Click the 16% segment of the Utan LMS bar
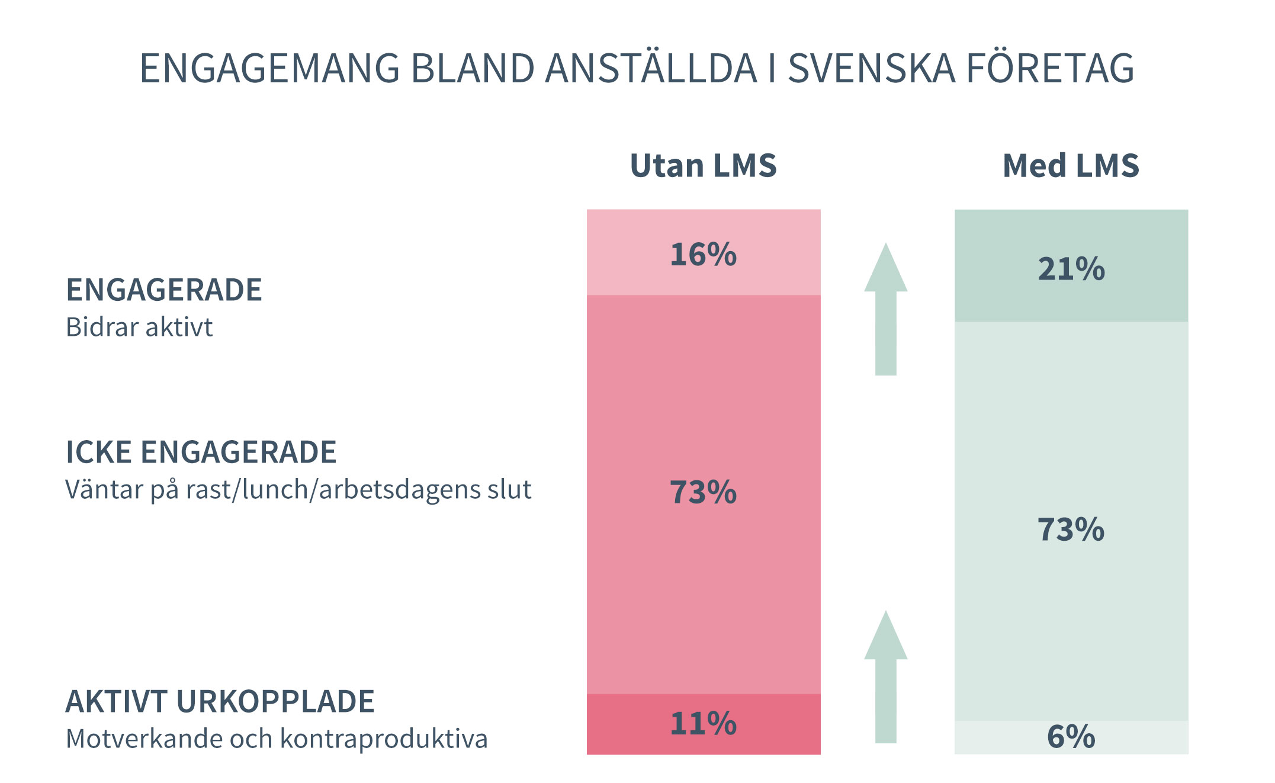click(703, 253)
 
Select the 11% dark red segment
click(703, 723)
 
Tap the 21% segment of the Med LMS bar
click(1071, 267)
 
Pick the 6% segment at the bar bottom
click(1071, 737)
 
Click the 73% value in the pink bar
click(703, 492)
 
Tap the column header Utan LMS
click(703, 165)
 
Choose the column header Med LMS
click(1071, 165)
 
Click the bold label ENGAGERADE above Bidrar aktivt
click(163, 290)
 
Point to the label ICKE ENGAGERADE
click(201, 452)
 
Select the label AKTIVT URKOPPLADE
click(220, 701)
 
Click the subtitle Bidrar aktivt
click(139, 327)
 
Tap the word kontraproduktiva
click(384, 739)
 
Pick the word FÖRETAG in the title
click(1050, 68)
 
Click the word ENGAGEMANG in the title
click(269, 68)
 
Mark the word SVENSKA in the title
click(871, 68)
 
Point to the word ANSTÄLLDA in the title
click(651, 68)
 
